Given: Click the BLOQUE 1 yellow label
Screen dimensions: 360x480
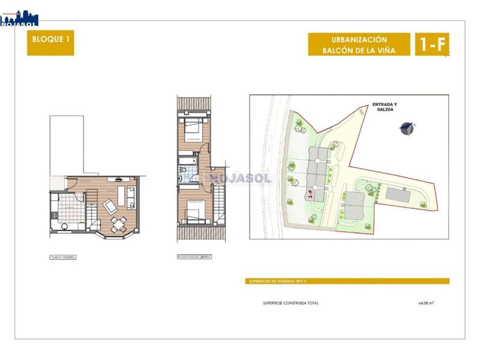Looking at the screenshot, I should point(50,44).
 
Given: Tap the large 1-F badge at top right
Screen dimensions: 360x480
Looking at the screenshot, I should point(431,44).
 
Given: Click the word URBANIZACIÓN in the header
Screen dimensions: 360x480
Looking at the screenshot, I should point(359,39).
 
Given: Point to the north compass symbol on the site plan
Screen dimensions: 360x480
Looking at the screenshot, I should point(407,127).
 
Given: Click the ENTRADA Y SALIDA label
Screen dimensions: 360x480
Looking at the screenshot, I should point(384,107).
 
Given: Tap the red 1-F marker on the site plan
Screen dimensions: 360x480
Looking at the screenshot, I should point(310,193).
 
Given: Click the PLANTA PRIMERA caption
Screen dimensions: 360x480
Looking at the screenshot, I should point(63,257).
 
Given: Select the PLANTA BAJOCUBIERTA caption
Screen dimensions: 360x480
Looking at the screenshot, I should point(194,257).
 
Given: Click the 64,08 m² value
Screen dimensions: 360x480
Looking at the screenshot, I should point(426,303).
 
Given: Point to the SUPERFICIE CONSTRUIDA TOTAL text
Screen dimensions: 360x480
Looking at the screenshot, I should point(291,303).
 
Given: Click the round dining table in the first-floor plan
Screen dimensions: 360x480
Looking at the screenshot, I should point(118,224).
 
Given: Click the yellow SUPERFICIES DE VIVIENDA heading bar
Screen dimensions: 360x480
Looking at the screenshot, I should point(349,281).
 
